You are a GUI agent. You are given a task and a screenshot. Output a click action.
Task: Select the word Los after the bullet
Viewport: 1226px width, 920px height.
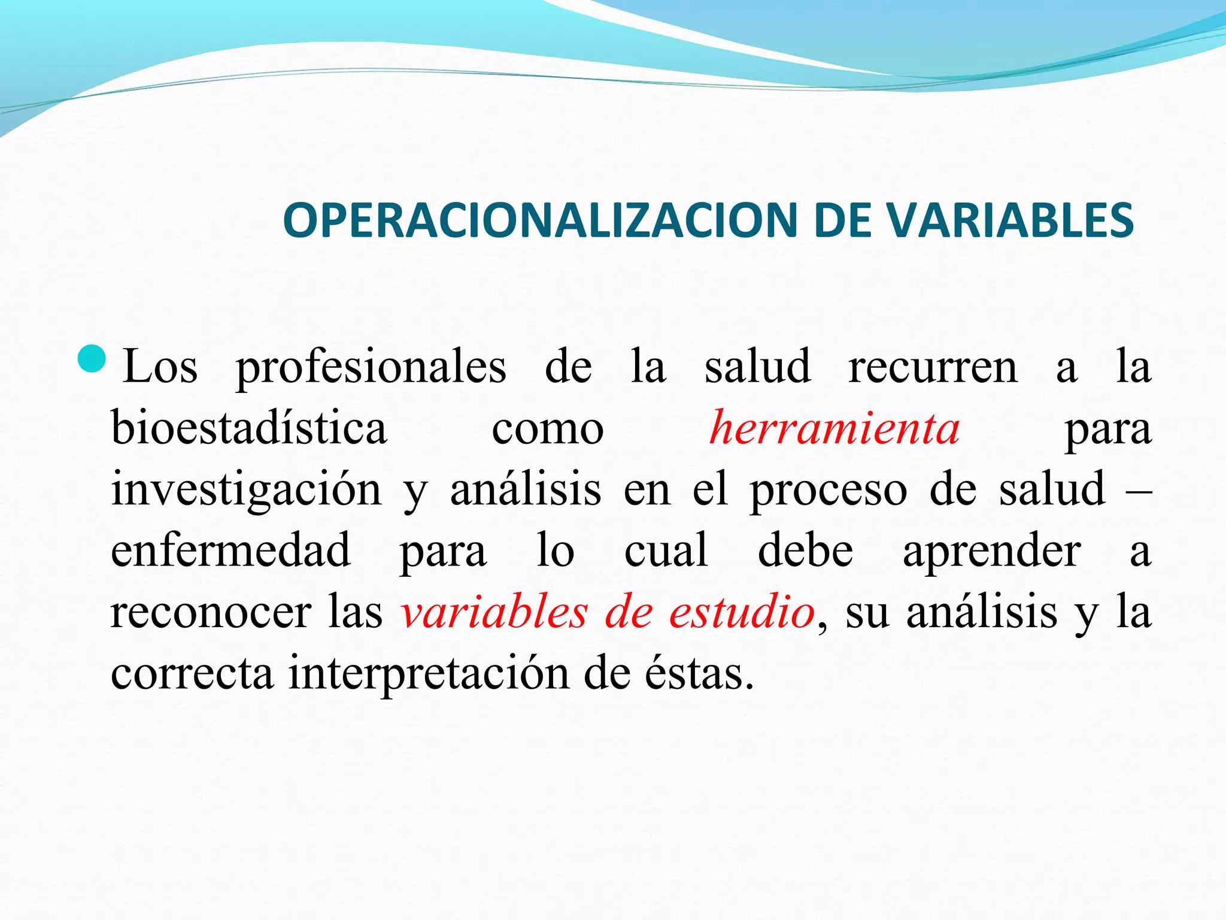[x=160, y=367]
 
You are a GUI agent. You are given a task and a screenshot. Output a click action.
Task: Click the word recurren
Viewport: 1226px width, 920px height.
[x=933, y=367]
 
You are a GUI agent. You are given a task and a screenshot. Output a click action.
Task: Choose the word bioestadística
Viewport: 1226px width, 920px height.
[x=249, y=428]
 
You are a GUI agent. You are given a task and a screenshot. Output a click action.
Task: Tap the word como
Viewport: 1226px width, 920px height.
[x=548, y=429]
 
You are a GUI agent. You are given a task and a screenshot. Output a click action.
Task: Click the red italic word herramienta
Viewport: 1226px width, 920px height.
[x=834, y=428]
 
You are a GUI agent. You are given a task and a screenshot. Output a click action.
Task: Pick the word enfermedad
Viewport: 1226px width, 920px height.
[x=230, y=550]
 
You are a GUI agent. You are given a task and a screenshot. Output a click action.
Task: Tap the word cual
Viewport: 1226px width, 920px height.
[x=666, y=550]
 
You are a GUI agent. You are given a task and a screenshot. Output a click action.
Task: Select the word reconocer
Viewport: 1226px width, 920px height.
[x=211, y=613]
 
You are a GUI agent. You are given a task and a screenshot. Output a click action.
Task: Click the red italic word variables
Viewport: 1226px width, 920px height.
[x=494, y=613]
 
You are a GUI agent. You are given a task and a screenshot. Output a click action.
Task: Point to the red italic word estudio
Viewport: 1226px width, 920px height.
[x=742, y=613]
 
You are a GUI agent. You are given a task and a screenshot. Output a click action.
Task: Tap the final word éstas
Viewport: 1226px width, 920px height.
[x=699, y=673]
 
